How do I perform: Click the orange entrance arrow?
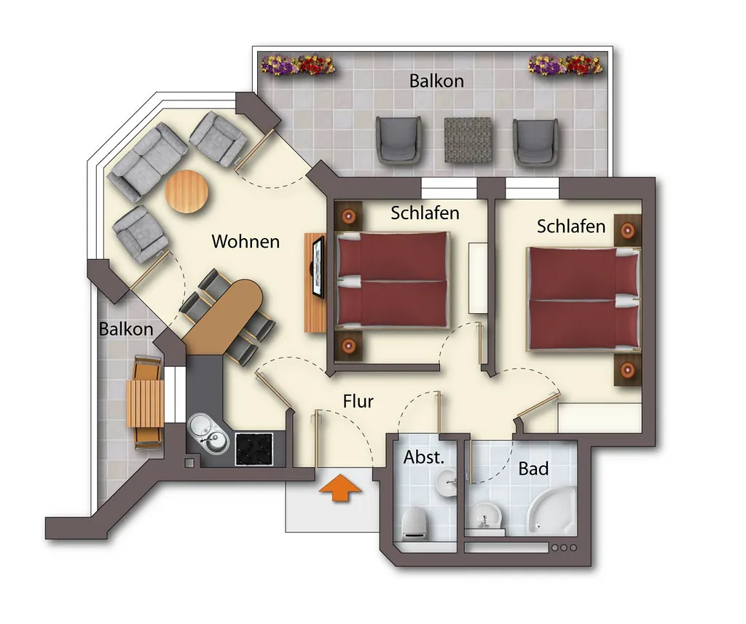pyautogui.click(x=340, y=488)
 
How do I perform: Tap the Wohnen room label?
pyautogui.click(x=246, y=241)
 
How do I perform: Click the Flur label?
pyautogui.click(x=358, y=401)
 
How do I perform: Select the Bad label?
pyautogui.click(x=533, y=468)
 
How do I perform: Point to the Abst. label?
pyautogui.click(x=423, y=457)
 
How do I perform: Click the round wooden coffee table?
pyautogui.click(x=186, y=191)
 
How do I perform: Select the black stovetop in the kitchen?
pyautogui.click(x=254, y=449)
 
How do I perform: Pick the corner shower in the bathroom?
pyautogui.click(x=552, y=511)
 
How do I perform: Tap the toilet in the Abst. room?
pyautogui.click(x=415, y=524)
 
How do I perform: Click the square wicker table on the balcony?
pyautogui.click(x=468, y=140)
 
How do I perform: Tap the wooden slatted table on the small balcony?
pyautogui.click(x=145, y=403)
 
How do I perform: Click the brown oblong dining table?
pyautogui.click(x=224, y=317)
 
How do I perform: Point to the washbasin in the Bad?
pyautogui.click(x=484, y=516)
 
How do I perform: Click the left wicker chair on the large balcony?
pyautogui.click(x=398, y=140)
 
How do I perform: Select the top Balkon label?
pyautogui.click(x=436, y=81)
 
